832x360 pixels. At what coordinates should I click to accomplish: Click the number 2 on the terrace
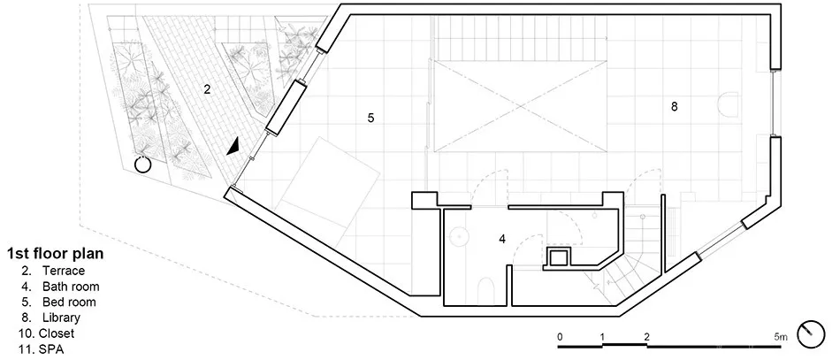207,88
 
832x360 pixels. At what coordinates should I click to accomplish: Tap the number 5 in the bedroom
371,117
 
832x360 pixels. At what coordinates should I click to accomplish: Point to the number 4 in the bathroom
502,238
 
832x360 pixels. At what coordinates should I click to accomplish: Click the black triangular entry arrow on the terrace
233,147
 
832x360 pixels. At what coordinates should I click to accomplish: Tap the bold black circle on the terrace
141,164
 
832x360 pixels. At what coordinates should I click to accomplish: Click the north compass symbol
808,334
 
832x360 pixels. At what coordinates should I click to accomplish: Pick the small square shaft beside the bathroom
560,258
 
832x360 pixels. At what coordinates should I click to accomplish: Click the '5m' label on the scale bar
778,336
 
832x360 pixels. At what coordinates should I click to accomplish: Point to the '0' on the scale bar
560,336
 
